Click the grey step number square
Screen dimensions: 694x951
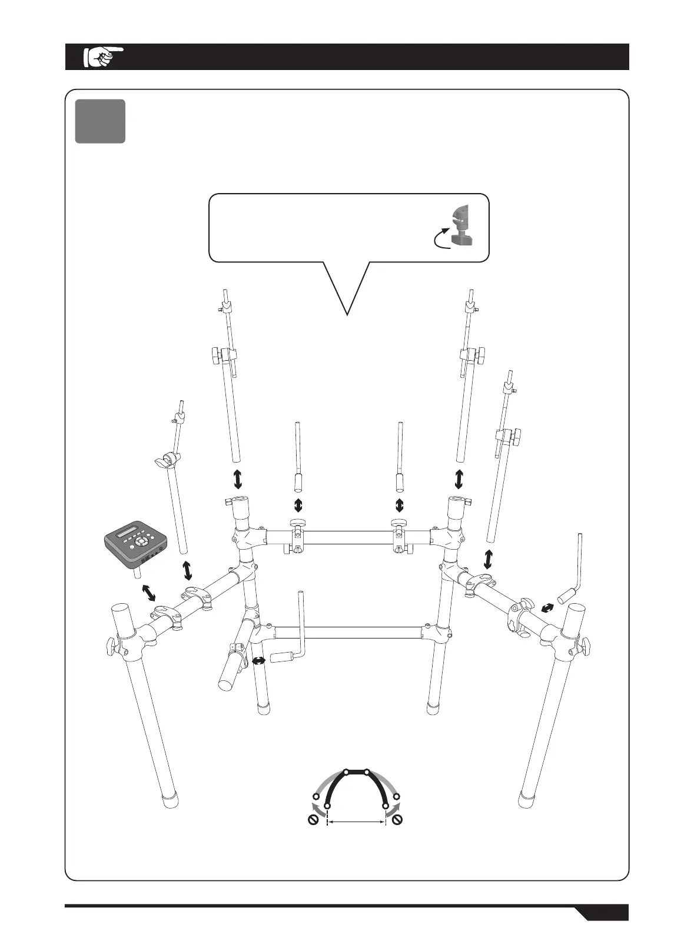point(100,121)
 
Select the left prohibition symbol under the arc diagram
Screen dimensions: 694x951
point(313,820)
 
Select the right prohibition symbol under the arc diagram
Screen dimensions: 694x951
point(398,820)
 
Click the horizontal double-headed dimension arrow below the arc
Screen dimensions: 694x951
point(356,822)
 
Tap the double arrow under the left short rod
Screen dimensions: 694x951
point(298,505)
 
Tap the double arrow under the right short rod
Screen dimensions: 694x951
point(400,505)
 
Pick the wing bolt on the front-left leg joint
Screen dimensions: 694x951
point(111,645)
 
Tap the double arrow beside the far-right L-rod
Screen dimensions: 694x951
point(547,607)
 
